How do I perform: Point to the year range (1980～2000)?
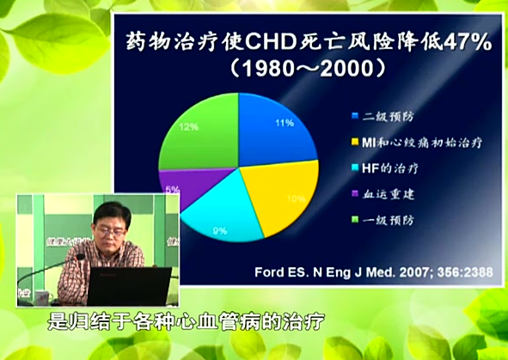click(285, 66)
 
